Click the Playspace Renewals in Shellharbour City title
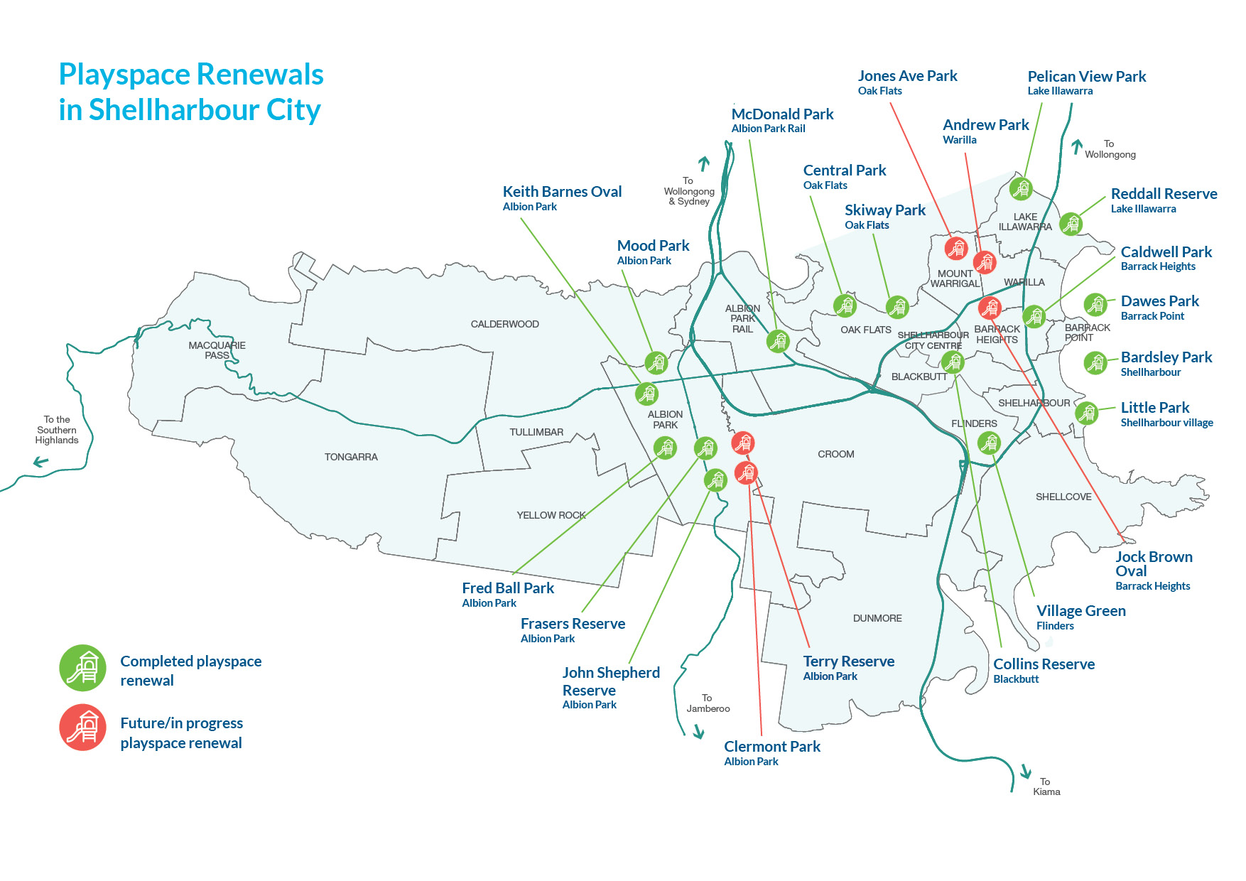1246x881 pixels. click(190, 92)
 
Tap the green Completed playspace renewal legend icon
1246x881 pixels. click(82, 669)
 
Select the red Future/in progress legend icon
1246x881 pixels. click(82, 728)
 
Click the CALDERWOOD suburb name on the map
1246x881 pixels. click(504, 324)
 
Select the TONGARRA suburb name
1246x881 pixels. click(351, 457)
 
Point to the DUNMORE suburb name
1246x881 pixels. click(877, 618)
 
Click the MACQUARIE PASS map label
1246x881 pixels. click(217, 350)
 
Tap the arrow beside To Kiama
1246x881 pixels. click(1026, 771)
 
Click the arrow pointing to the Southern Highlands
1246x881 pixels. click(41, 463)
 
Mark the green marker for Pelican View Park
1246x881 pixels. click(1021, 189)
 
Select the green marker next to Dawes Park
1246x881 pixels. click(1095, 305)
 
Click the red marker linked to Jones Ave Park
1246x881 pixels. click(955, 248)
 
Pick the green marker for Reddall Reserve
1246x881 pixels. click(1071, 224)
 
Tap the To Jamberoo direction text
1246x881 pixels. click(708, 703)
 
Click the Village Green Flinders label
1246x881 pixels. click(1080, 617)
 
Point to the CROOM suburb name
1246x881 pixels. click(835, 454)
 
